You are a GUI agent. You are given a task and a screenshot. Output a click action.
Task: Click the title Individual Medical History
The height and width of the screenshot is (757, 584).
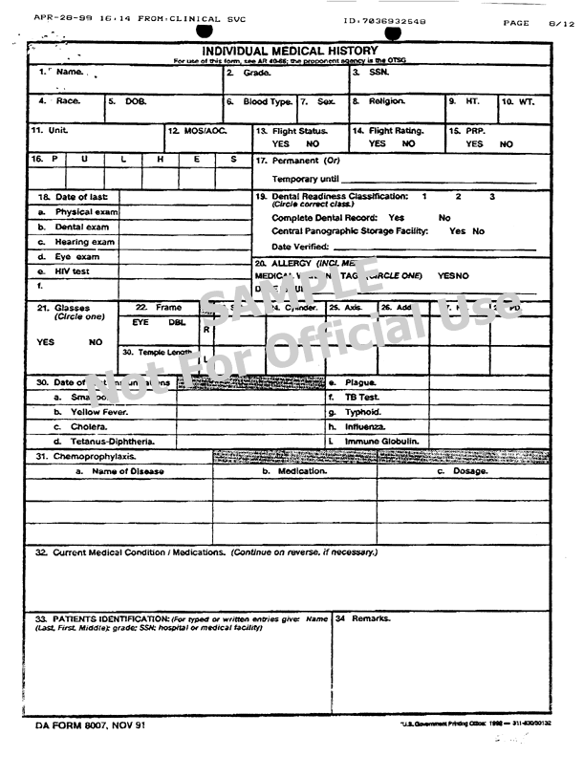point(290,51)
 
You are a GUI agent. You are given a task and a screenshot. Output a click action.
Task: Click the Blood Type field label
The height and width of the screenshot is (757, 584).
point(268,101)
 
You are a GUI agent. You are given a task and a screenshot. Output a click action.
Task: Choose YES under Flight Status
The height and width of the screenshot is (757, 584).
point(281,143)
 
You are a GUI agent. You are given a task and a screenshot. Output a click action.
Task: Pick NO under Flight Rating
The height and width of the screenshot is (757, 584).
point(408,143)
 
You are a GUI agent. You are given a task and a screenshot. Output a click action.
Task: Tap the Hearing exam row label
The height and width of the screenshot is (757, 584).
point(85,242)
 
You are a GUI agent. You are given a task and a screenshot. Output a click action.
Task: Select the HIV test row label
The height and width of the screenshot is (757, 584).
point(73,270)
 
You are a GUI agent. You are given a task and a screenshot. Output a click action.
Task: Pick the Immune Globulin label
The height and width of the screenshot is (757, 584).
point(381,441)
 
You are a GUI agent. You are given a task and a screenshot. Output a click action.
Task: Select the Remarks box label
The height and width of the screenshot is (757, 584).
point(371,618)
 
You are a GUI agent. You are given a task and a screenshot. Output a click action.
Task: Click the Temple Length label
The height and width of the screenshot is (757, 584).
point(165,352)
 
